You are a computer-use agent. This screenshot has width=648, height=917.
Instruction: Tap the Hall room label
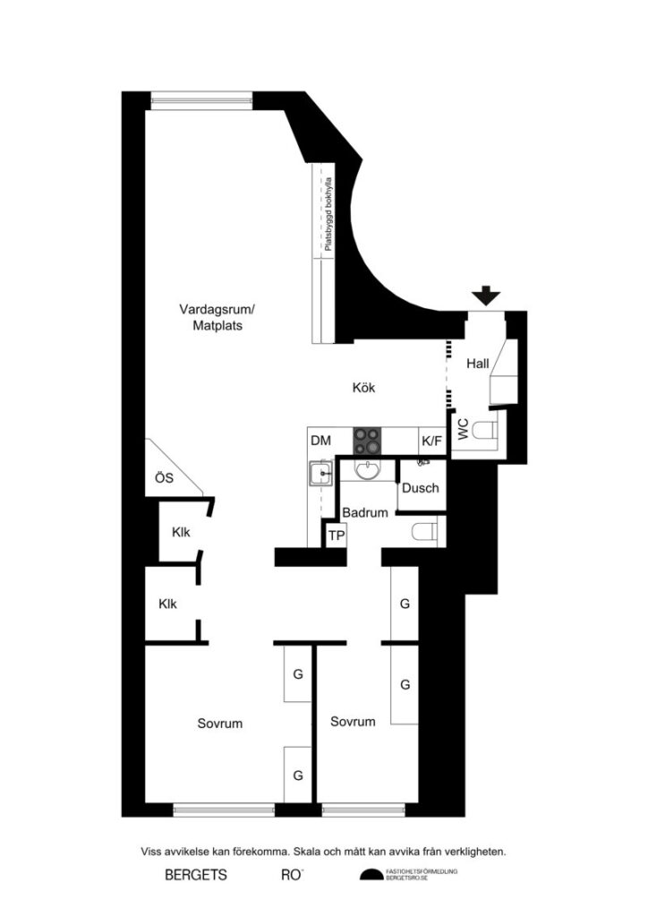click(477, 364)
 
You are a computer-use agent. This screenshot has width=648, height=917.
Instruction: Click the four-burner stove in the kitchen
click(368, 440)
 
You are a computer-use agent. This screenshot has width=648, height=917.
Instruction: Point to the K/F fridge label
click(431, 441)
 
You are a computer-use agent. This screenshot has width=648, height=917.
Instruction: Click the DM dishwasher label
click(320, 441)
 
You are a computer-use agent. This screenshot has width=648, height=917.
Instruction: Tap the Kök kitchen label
click(362, 388)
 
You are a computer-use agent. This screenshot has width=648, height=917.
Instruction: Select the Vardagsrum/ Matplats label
click(217, 318)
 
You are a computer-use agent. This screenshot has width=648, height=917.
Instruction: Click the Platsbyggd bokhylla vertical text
click(328, 211)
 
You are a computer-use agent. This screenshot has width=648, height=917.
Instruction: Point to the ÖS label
click(164, 478)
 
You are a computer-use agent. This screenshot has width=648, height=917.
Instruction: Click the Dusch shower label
click(420, 488)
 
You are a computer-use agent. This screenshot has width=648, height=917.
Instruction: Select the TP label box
click(336, 535)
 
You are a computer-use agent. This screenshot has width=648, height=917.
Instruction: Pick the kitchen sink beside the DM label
click(320, 473)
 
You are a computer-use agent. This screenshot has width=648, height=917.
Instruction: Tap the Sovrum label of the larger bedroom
click(220, 723)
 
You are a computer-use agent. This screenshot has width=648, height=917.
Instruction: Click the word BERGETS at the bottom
click(196, 875)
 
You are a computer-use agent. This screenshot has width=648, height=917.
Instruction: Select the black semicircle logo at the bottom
click(370, 875)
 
